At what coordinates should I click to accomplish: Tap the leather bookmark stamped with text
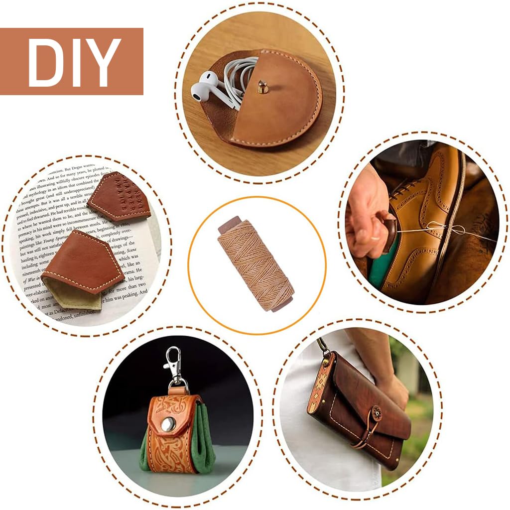click(x=120, y=197)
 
